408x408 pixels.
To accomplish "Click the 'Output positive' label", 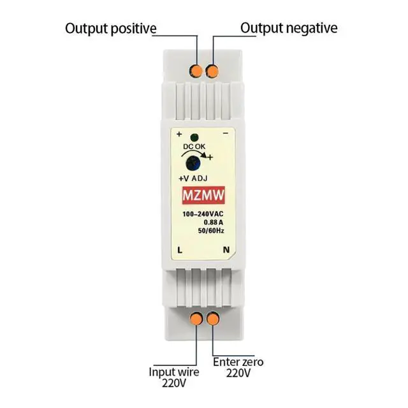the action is tap(110, 29).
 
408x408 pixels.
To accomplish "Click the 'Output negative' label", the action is tap(289, 29).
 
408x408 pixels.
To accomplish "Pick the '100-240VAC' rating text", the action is tap(203, 214).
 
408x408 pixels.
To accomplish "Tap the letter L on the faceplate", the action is tap(180, 250).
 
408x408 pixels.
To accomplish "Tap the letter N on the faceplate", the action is tap(225, 250).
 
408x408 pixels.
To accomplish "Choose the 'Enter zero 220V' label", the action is tap(238, 368).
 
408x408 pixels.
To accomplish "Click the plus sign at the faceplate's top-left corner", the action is tap(179, 135).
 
